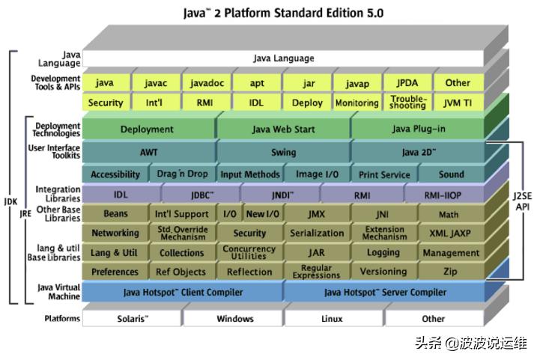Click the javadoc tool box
pos(207,83)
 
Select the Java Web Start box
pos(283,129)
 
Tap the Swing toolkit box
pos(283,152)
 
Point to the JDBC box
pos(201,195)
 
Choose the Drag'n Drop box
pos(182,174)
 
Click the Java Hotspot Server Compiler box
pos(385,292)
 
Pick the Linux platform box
pos(332,319)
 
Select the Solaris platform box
pos(133,319)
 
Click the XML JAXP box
pos(450,234)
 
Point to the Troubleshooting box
pos(408,103)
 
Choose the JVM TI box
pos(457,103)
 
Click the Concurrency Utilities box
pos(249,253)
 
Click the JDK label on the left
pos(10,201)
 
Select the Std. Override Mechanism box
pos(182,234)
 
